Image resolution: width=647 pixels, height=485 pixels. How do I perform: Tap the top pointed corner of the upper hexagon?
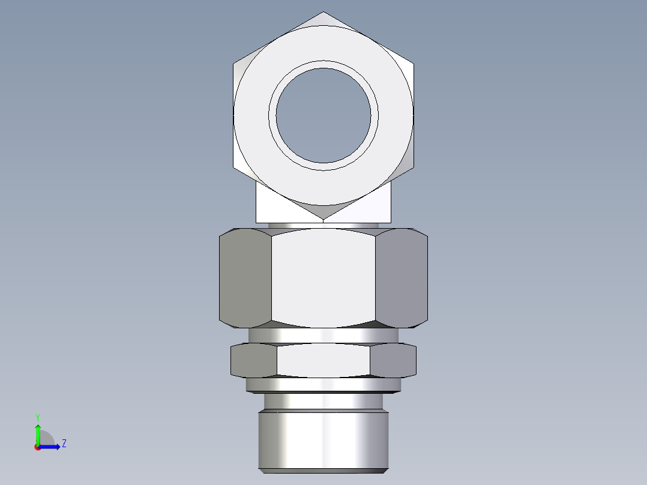point(323,13)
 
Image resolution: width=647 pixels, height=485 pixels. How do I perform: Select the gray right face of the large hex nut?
point(402,278)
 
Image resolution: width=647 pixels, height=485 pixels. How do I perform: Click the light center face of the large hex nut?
point(323,278)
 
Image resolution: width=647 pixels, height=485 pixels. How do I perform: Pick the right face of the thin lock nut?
point(393,360)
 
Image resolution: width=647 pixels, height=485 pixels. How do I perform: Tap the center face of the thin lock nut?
point(323,360)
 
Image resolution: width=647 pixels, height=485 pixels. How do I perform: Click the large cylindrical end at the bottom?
point(323,441)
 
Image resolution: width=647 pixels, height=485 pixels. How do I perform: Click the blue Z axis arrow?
point(51,446)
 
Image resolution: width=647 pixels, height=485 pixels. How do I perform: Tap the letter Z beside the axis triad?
point(64,444)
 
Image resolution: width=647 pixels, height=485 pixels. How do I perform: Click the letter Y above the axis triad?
point(37,417)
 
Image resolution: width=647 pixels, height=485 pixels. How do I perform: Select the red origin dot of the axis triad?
point(38,447)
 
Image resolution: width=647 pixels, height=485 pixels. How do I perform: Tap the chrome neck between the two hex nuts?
point(323,335)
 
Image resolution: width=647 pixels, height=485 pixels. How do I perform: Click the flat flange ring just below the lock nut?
point(323,385)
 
